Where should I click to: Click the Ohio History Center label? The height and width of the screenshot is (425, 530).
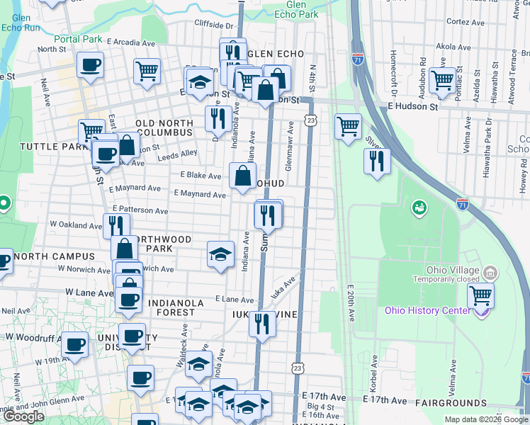(427, 310)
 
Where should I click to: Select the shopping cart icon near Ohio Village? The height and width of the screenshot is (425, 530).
(481, 295)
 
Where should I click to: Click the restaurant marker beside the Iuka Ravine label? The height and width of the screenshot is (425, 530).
(262, 324)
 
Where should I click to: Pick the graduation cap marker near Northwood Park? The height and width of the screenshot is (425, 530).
(220, 254)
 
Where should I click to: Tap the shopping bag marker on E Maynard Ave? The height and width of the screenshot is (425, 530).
(242, 176)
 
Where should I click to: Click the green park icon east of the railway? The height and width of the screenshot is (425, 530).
(419, 208)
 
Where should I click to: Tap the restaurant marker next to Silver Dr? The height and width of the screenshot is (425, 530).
(377, 160)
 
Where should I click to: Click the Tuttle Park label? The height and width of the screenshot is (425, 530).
(44, 146)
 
